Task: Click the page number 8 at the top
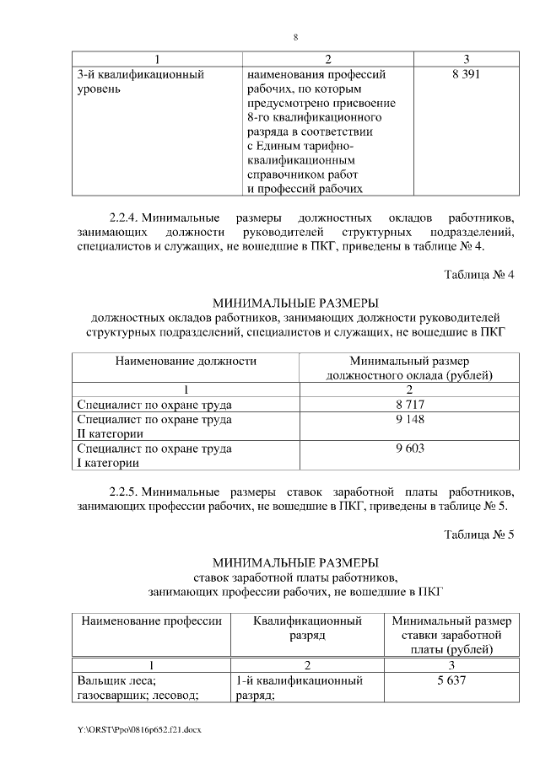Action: tap(296, 37)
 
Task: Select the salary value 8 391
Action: tap(467, 74)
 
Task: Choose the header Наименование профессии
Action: tap(151, 621)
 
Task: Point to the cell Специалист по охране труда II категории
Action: tap(154, 426)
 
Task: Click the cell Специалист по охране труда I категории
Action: tap(154, 455)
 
